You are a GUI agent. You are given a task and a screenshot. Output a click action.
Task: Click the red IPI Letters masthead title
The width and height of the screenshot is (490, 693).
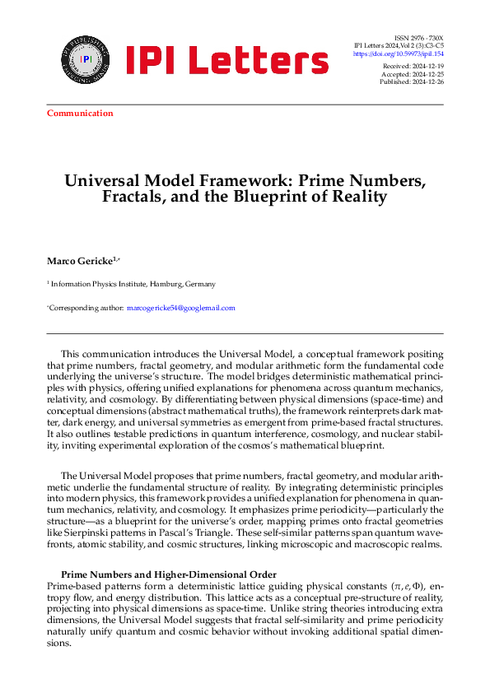(x=226, y=60)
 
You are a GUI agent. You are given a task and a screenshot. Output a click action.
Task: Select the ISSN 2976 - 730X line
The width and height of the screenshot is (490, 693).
(x=419, y=38)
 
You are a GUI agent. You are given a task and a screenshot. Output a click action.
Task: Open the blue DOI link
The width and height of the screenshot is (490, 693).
(x=398, y=53)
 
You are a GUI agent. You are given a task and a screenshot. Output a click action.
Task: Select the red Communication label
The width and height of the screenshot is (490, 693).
(x=80, y=113)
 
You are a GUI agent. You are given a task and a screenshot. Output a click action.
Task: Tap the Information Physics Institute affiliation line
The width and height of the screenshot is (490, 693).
(x=132, y=284)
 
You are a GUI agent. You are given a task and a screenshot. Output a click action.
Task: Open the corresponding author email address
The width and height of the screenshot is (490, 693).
(x=180, y=308)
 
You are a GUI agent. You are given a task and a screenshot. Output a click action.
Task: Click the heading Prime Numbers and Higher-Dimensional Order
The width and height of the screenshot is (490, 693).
(x=169, y=574)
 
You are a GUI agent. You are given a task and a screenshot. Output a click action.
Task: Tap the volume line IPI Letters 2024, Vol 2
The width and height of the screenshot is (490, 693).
(x=398, y=46)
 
